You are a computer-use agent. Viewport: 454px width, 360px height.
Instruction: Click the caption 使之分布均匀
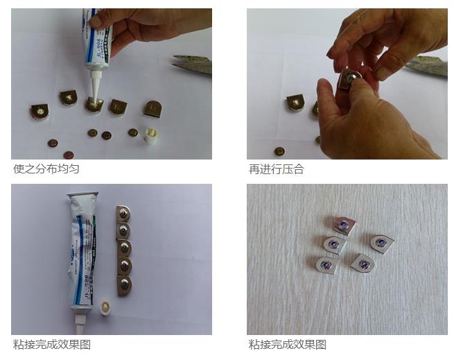pos(46,169)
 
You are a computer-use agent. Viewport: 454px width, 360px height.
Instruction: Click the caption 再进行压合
pos(277,169)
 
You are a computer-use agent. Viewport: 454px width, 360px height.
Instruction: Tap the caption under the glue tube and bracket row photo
pos(52,344)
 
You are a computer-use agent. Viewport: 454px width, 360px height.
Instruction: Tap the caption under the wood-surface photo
pos(288,344)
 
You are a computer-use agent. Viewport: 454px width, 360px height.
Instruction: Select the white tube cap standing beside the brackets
pos(149,135)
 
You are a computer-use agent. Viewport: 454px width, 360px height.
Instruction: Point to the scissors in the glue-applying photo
pos(192,64)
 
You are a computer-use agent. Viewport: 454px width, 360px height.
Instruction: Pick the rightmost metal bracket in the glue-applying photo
pos(152,108)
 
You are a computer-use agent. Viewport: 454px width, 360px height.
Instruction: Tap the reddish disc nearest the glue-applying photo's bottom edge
pos(68,155)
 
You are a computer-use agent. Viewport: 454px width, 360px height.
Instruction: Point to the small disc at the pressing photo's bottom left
pos(279,151)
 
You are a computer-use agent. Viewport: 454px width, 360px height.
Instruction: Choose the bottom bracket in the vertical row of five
pos(123,285)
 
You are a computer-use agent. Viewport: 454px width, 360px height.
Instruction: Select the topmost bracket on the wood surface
pos(344,224)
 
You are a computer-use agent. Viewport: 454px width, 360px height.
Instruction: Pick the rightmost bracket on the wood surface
pos(381,242)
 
